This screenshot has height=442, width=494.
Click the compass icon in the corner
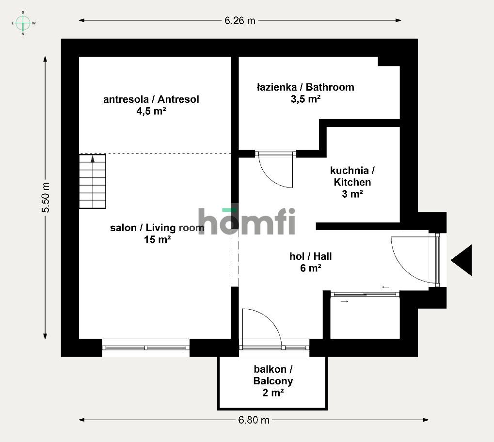(x=23, y=23)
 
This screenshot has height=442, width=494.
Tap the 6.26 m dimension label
(x=239, y=20)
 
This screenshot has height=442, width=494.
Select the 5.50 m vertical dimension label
(x=46, y=198)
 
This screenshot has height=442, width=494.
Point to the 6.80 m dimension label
(x=254, y=420)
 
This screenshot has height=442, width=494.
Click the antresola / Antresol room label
(x=151, y=99)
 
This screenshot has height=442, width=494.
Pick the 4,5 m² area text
(x=151, y=111)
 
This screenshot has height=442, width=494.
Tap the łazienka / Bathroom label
(x=305, y=87)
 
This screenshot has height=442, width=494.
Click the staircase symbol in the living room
(x=92, y=181)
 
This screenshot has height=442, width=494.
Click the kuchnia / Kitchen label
(x=352, y=176)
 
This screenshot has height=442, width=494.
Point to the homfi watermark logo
(x=247, y=221)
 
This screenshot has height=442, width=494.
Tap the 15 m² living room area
(x=157, y=239)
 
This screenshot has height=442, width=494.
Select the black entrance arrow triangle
(x=462, y=260)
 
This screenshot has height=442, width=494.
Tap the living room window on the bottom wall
(x=146, y=347)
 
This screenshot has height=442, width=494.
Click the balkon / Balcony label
(x=273, y=375)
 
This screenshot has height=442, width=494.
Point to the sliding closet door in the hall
(x=365, y=294)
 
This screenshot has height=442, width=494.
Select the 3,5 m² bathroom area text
(x=305, y=99)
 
